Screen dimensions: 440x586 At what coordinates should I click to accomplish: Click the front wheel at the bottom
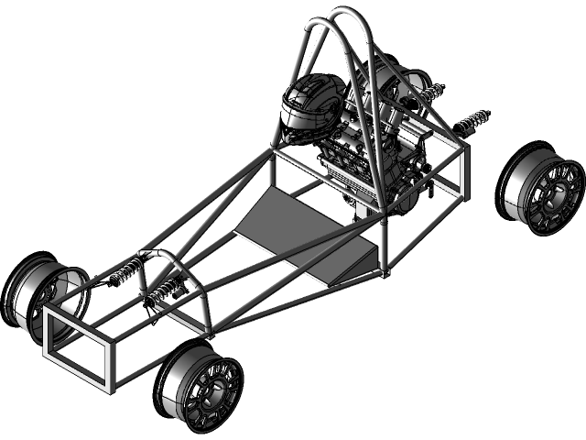coord(201,386)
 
